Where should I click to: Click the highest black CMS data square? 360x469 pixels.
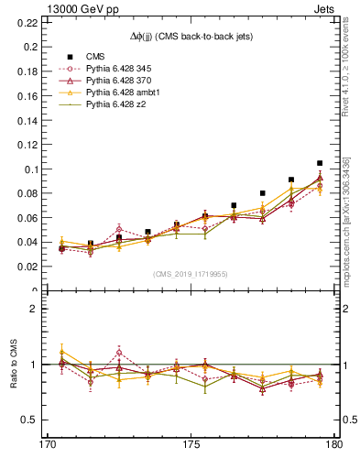click(x=320, y=163)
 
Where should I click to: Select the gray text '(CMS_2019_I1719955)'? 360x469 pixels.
click(x=191, y=273)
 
